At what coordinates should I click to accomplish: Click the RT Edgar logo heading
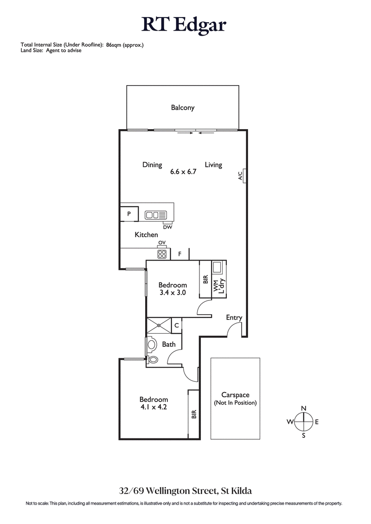(x=185, y=24)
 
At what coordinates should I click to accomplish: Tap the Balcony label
(x=183, y=107)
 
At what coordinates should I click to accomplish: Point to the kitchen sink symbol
(x=155, y=215)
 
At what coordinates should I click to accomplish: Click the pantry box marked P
(x=129, y=214)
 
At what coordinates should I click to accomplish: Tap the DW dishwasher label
(x=167, y=226)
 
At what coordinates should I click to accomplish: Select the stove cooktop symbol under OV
(x=162, y=254)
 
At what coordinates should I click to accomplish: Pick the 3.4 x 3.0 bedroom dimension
(x=173, y=293)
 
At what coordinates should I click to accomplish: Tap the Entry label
(x=234, y=318)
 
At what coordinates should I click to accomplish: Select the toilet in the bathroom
(x=153, y=359)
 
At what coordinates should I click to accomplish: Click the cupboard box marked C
(x=177, y=325)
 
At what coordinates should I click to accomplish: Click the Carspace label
(x=235, y=395)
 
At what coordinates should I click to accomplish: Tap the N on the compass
(x=304, y=408)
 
